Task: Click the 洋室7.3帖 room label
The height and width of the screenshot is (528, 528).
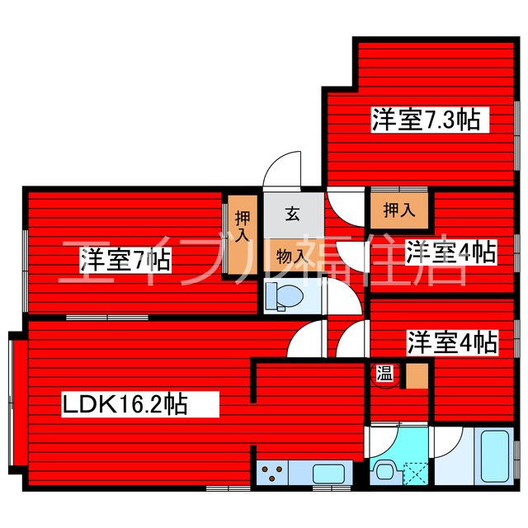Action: (x=426, y=120)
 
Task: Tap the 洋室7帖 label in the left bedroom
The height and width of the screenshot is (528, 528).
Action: (x=125, y=261)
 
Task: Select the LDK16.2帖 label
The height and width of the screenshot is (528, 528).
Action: (x=125, y=404)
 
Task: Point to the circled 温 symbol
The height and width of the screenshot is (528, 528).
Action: (x=385, y=375)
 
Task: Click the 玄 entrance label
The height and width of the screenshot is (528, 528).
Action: (x=292, y=214)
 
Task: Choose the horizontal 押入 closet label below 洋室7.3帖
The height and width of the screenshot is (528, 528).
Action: (x=399, y=210)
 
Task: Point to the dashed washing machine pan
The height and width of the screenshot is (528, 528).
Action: (x=413, y=473)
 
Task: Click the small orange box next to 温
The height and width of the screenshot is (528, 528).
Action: (x=416, y=375)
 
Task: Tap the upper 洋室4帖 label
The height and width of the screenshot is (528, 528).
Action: (x=450, y=251)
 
